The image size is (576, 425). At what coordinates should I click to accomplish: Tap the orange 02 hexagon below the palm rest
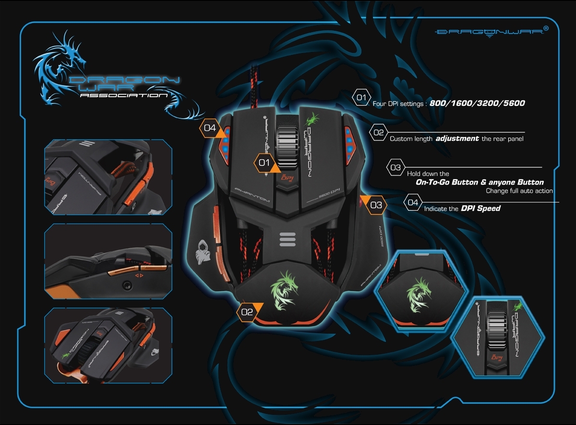[247, 312]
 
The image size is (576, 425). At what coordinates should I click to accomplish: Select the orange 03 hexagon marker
[376, 205]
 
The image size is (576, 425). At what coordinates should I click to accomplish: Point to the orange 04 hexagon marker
[210, 128]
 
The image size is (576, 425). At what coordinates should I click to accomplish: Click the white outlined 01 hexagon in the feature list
[361, 98]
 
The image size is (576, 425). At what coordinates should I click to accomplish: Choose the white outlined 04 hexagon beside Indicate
[413, 202]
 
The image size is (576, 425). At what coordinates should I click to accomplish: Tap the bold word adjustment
[457, 138]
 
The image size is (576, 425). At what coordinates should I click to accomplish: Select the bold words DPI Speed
[480, 209]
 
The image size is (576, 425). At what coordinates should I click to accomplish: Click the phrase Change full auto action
[519, 191]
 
